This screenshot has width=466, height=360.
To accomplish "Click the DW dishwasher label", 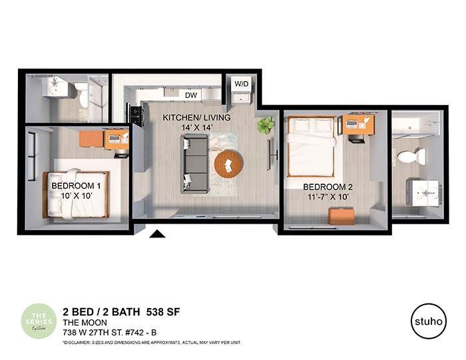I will (192, 95).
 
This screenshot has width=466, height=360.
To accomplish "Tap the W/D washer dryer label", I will (240, 84).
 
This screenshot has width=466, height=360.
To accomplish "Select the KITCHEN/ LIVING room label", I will (197, 118).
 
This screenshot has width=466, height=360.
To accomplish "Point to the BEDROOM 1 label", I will (76, 186).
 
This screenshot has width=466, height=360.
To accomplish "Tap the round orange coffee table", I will (229, 164).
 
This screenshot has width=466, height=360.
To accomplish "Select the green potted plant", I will (266, 124).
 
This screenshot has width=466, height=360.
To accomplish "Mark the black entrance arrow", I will (157, 234).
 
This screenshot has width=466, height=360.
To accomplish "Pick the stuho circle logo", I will (427, 319).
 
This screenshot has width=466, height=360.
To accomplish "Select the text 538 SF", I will (164, 311).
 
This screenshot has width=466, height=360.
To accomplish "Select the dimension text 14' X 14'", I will (196, 129).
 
